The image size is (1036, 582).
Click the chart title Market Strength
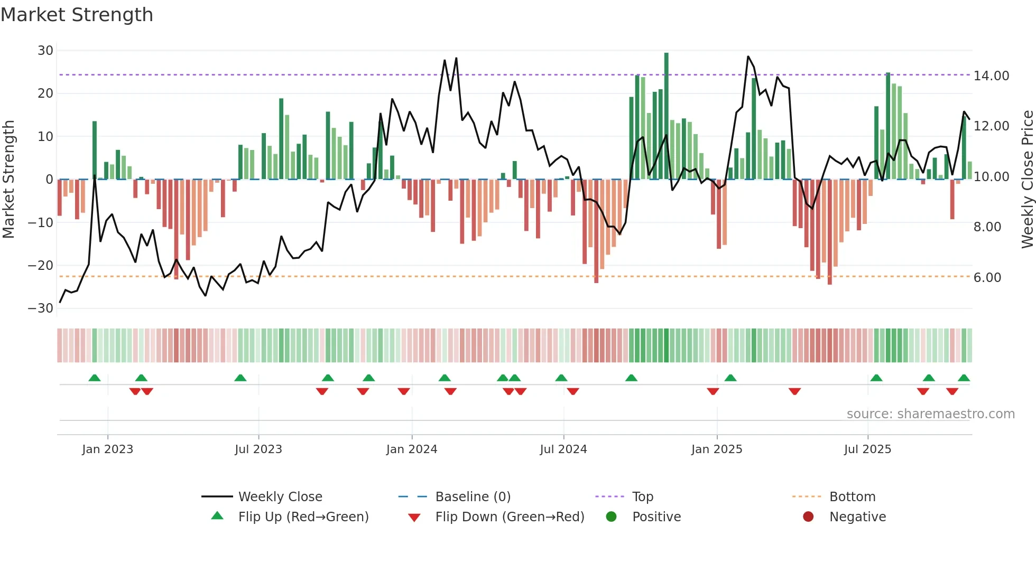(77, 15)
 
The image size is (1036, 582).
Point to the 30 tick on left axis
(45, 51)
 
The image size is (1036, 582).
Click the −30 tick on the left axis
(41, 308)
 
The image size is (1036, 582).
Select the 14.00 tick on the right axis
(991, 76)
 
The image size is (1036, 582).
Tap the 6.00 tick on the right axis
(987, 278)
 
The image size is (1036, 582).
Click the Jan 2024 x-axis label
(412, 449)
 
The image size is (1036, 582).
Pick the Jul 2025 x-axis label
(867, 449)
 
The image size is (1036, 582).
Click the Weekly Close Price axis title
(1027, 180)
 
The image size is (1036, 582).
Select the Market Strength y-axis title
(9, 180)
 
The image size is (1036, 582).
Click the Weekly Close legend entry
(280, 497)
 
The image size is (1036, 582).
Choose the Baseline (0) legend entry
(473, 497)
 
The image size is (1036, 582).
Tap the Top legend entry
(642, 497)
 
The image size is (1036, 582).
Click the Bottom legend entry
(852, 497)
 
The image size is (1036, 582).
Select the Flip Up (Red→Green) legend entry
(303, 517)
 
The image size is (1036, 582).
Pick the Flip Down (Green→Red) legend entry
(510, 517)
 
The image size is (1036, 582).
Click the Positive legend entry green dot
(612, 517)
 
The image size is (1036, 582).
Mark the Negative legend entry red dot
(808, 517)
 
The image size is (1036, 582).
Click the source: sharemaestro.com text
(930, 414)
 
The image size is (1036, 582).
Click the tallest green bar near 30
(667, 116)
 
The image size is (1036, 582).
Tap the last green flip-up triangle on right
(964, 378)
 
